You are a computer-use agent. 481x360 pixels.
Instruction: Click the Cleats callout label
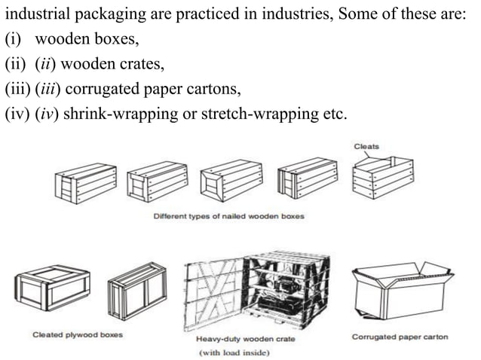pyautogui.click(x=367, y=145)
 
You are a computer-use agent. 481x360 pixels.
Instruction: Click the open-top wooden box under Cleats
pyautogui.click(x=384, y=178)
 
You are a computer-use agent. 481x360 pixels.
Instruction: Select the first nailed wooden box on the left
pyautogui.click(x=84, y=183)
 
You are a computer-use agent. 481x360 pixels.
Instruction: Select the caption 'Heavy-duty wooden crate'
pyautogui.click(x=246, y=339)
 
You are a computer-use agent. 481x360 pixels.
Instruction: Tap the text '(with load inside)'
pyautogui.click(x=234, y=352)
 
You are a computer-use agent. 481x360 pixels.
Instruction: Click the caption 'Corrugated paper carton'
pyautogui.click(x=400, y=337)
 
